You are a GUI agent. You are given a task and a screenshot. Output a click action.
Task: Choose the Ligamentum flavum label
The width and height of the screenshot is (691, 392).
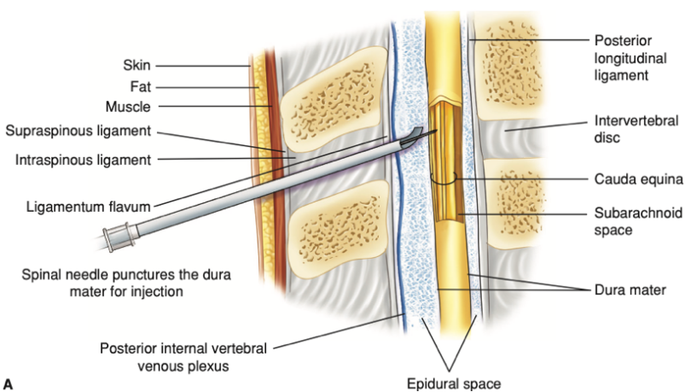tap(85, 205)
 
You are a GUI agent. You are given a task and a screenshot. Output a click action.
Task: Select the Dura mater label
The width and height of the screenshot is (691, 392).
tap(630, 290)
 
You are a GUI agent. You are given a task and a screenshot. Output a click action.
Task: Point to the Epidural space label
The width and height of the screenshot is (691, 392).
tap(452, 383)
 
